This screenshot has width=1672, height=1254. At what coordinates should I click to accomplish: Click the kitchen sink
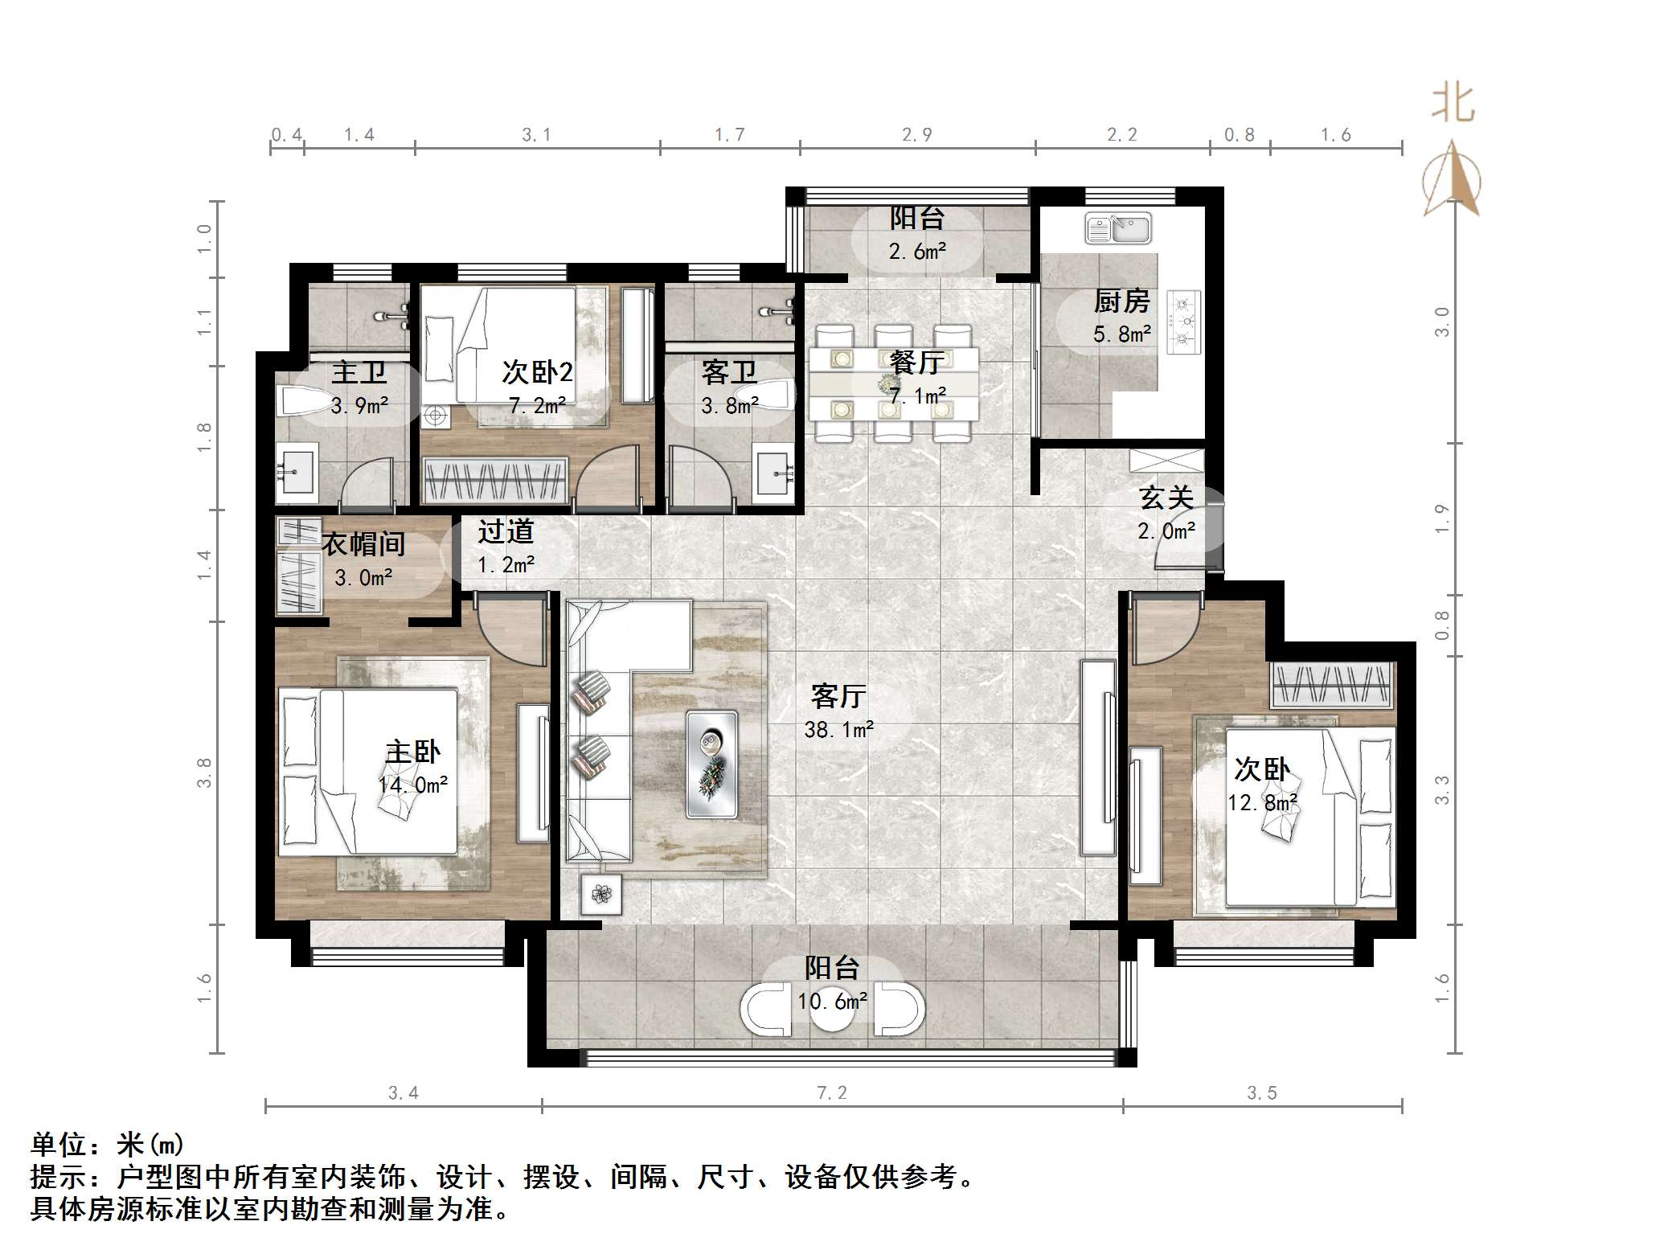[x=1118, y=228]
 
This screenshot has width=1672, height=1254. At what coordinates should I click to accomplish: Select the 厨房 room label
[x=1122, y=301]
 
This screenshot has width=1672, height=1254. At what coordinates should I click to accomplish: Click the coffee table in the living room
[x=711, y=764]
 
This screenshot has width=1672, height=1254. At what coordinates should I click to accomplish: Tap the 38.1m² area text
[x=839, y=729]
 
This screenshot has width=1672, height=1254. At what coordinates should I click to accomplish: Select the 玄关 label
[x=1166, y=498]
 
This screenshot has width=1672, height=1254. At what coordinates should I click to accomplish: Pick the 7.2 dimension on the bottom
[x=832, y=1092]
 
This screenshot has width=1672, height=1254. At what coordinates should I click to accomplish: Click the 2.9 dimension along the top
[x=917, y=134]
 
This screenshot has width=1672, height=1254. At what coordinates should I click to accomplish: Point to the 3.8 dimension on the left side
[x=204, y=772]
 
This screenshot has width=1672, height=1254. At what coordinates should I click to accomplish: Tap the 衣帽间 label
[x=363, y=544]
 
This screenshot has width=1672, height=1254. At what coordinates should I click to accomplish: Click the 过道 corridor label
[x=506, y=531]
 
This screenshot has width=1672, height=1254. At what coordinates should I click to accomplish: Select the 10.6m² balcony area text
[x=833, y=1001]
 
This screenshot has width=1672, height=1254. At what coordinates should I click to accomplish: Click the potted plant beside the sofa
[x=601, y=893]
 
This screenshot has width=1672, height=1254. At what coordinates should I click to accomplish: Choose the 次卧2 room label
[x=537, y=371]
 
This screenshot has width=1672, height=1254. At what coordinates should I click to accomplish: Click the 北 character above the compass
[x=1453, y=103]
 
